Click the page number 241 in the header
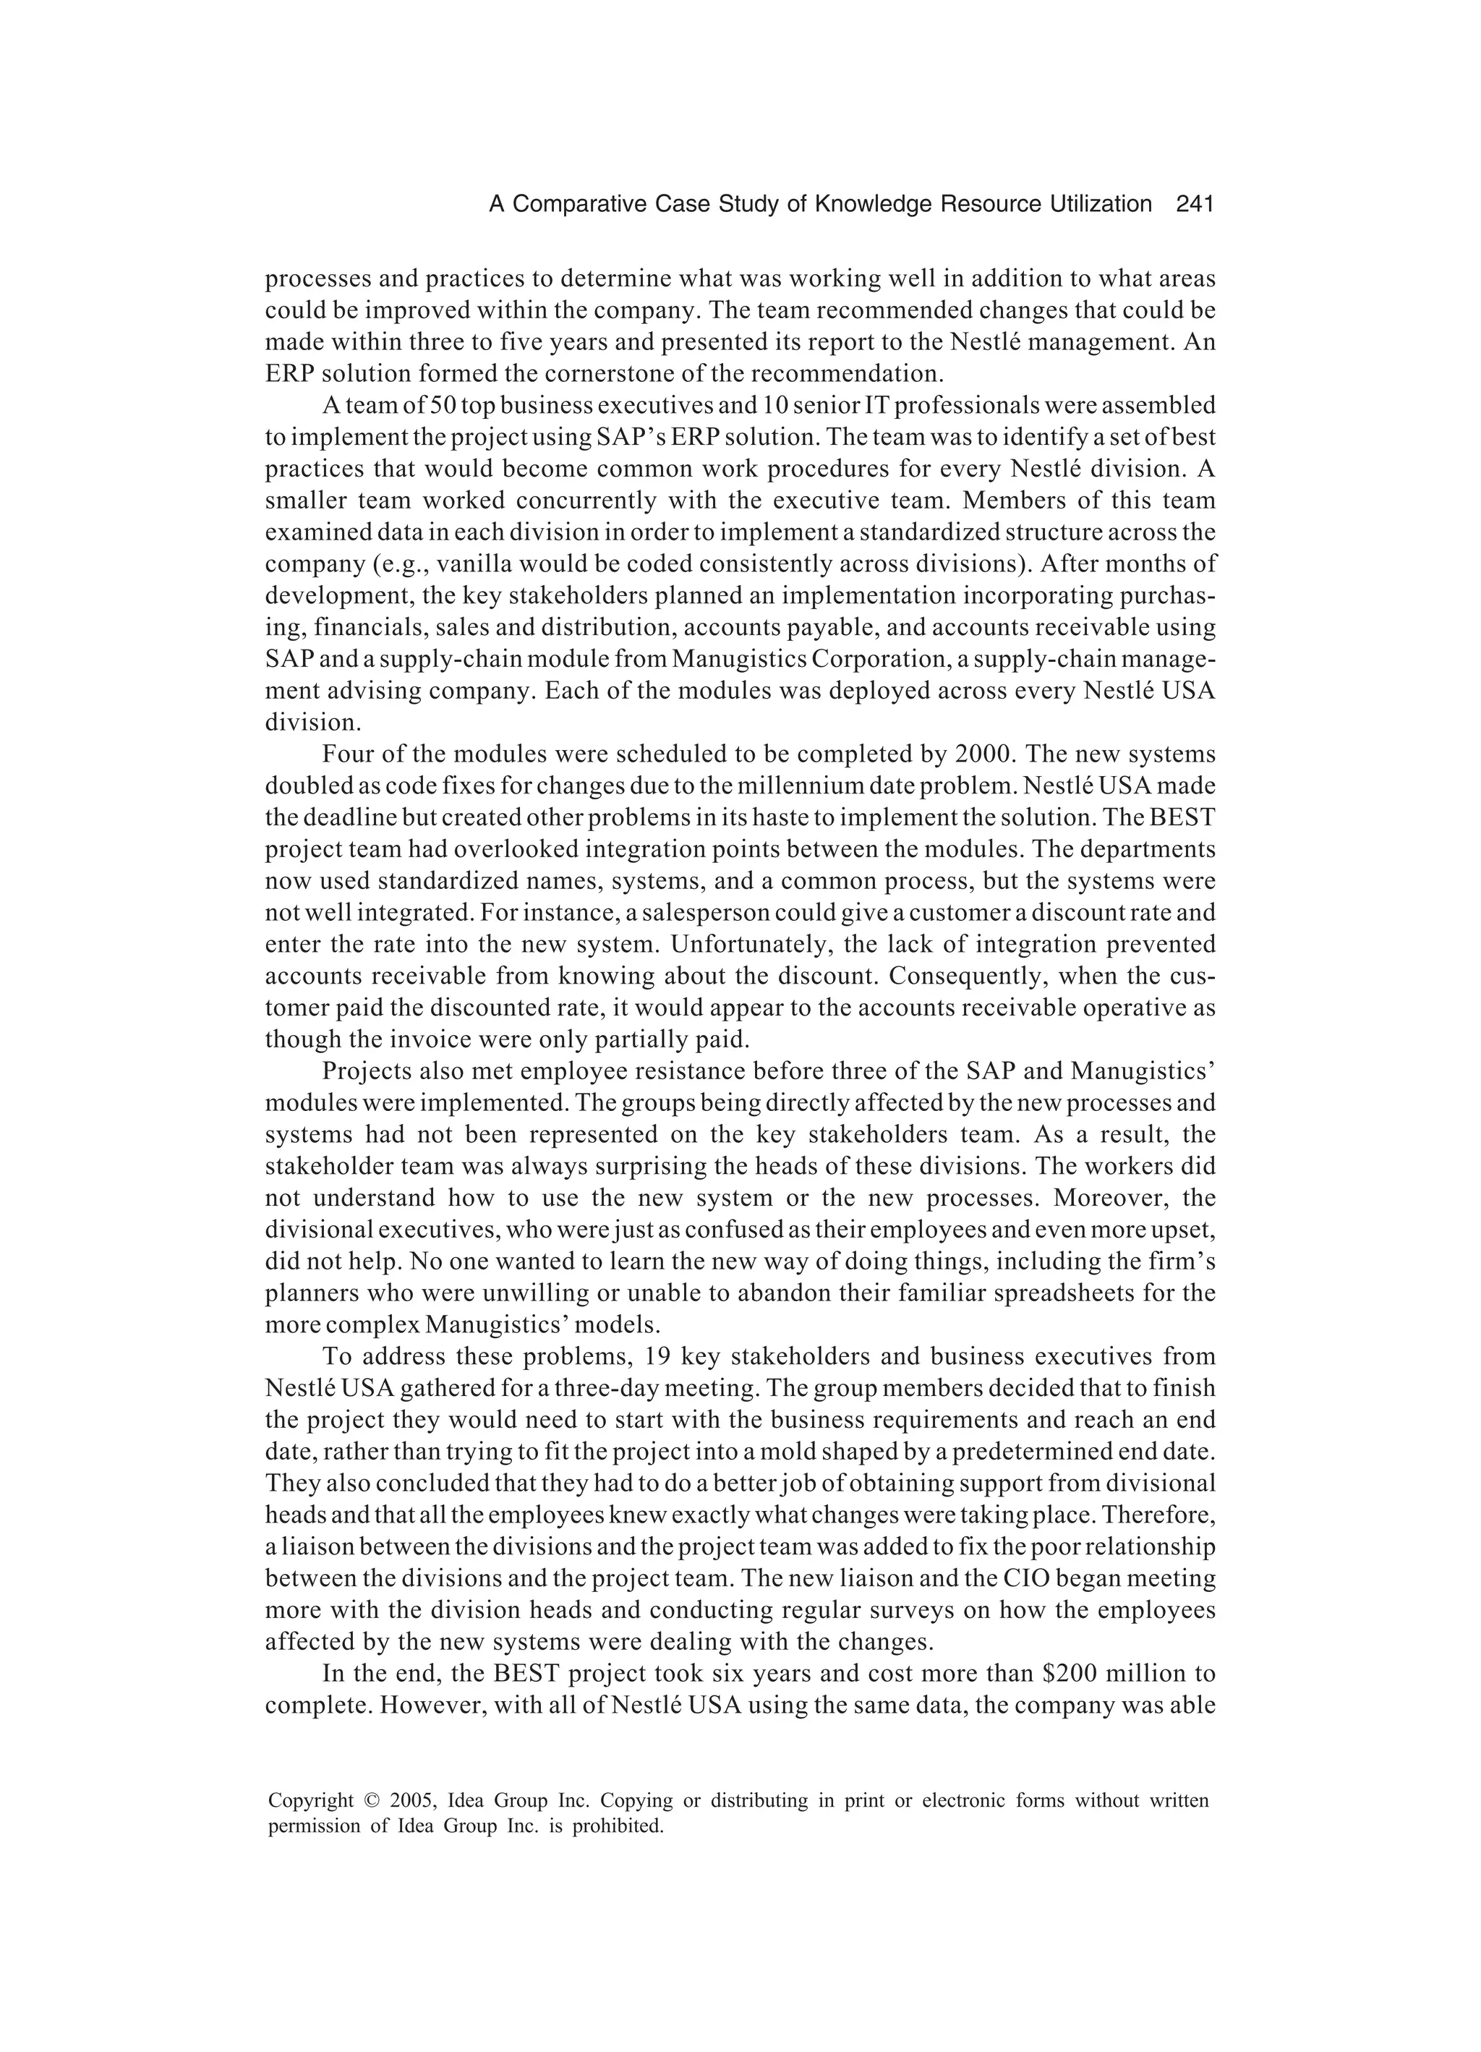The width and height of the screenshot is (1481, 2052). [x=1193, y=205]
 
